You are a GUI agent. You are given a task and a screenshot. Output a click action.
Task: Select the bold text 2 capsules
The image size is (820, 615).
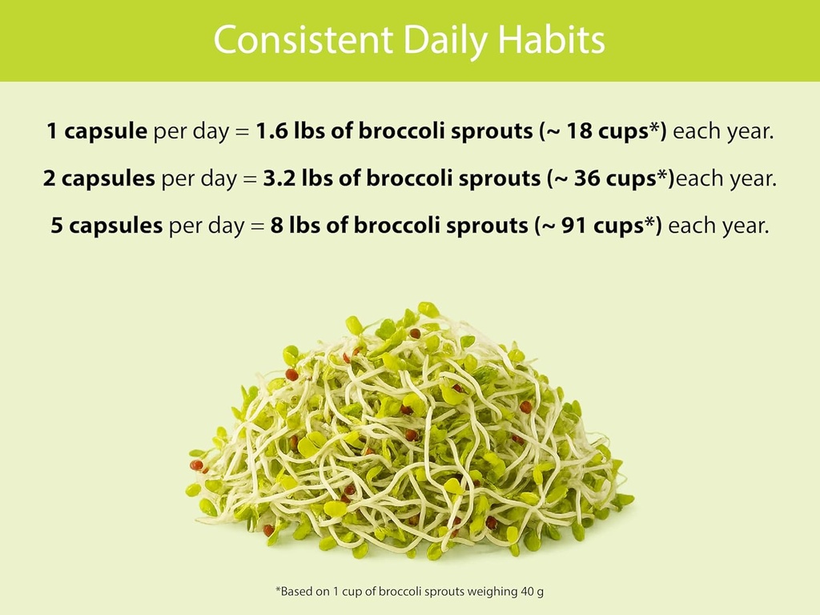(x=99, y=179)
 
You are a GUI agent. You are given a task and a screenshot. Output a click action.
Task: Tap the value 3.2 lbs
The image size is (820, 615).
(x=298, y=179)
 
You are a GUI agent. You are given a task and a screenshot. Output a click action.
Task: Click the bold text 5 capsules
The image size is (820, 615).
(x=107, y=226)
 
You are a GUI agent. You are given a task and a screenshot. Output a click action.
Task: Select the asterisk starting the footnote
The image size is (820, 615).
(x=279, y=591)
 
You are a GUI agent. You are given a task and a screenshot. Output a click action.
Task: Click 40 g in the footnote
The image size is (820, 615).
(x=530, y=592)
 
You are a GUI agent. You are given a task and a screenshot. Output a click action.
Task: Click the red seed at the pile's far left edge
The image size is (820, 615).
(x=195, y=465)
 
